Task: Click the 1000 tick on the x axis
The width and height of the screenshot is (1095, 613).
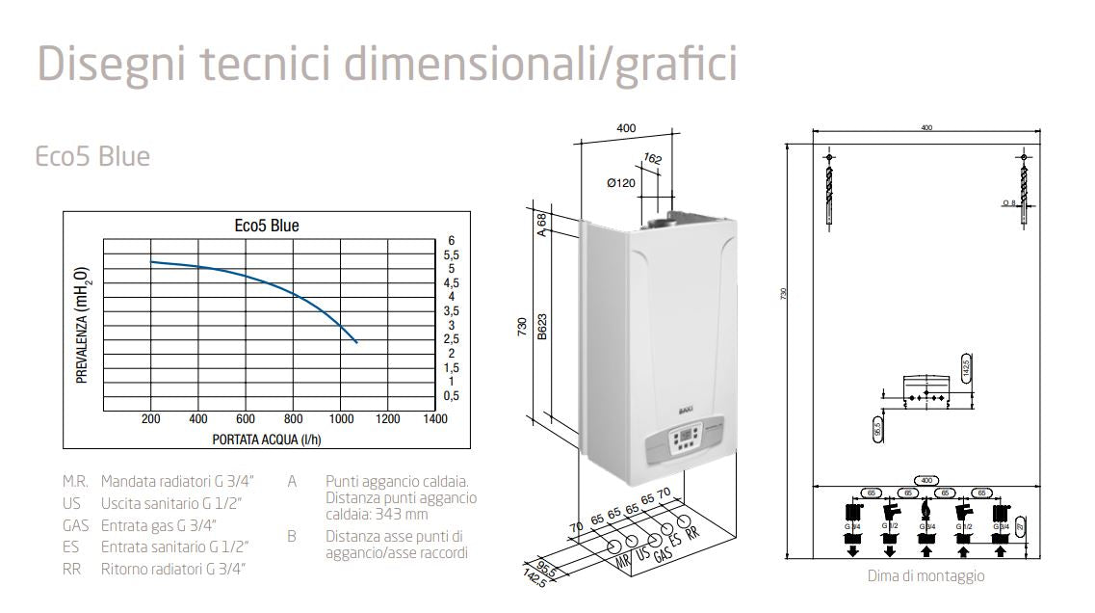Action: [x=340, y=419]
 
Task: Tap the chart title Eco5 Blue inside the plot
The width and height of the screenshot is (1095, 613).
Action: [x=267, y=226]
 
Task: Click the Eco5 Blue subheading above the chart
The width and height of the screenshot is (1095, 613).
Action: [x=92, y=156]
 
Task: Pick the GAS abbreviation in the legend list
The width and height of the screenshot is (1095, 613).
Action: [x=75, y=525]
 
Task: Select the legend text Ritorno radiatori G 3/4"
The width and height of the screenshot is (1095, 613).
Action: [x=173, y=569]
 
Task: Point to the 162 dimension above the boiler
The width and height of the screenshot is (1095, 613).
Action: [x=652, y=158]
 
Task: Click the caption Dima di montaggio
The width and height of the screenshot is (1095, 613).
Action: [x=926, y=575]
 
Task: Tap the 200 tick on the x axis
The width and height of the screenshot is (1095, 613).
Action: [x=150, y=419]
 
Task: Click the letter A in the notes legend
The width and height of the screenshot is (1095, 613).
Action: [x=292, y=480]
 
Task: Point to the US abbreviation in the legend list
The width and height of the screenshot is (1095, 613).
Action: [x=71, y=503]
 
